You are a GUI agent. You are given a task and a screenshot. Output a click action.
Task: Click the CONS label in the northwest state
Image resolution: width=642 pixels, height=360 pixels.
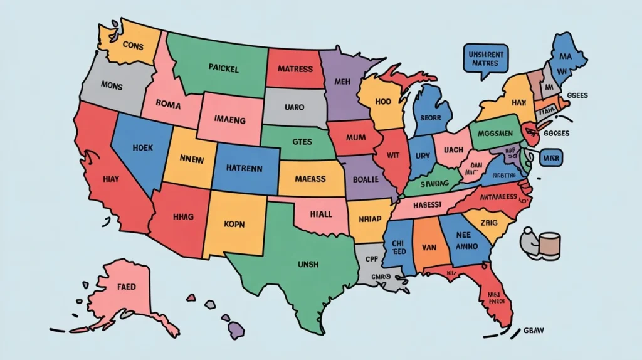click(x=133, y=45)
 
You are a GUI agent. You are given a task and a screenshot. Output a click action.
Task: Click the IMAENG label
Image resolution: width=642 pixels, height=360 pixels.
click(x=229, y=119)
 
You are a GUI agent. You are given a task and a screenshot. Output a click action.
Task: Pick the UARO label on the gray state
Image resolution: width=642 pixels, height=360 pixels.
click(x=295, y=107)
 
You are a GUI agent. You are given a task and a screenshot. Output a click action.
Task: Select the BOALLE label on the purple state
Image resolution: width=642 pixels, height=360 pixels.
click(x=367, y=179)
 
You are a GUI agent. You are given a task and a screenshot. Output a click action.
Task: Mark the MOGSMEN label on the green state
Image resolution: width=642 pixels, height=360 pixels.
click(x=495, y=135)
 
